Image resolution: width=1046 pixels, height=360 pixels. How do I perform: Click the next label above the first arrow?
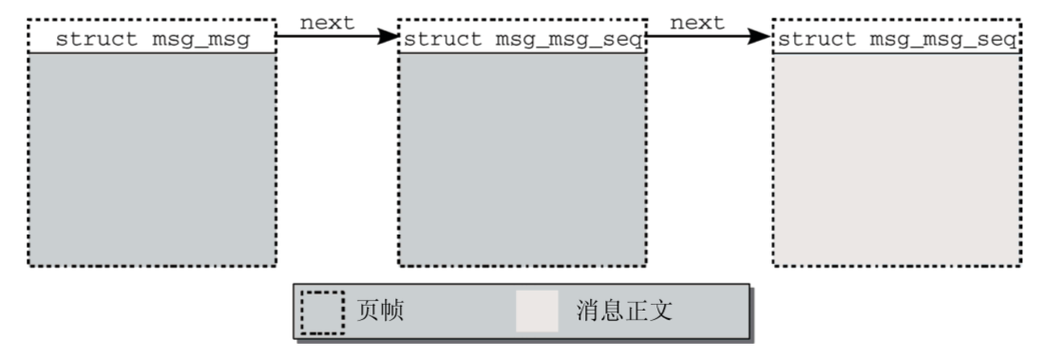point(328,22)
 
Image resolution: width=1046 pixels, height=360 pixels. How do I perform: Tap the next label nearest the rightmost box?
point(698,22)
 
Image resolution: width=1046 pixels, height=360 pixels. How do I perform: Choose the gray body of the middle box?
point(523,157)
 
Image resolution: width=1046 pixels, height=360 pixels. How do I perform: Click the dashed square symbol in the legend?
point(323,312)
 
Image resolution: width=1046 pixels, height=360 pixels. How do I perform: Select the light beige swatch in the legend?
point(537,311)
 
